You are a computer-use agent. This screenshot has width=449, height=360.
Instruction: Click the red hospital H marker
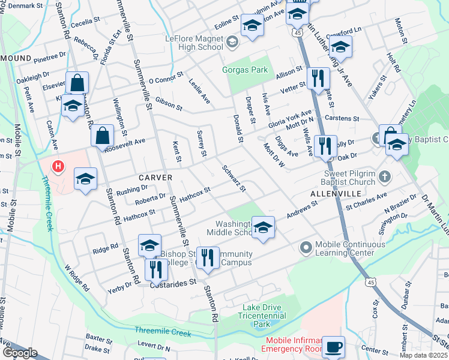pyautogui.click(x=58, y=166)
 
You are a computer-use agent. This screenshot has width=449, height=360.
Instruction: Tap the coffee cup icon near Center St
pyautogui.click(x=334, y=346)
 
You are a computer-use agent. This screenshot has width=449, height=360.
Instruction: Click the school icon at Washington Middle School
pyautogui.click(x=262, y=227)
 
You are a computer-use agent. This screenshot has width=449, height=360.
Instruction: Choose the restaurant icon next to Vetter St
pyautogui.click(x=318, y=77)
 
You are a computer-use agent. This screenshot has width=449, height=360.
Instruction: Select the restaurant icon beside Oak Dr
pyautogui.click(x=325, y=145)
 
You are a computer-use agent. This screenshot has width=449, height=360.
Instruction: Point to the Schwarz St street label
pyautogui.click(x=234, y=179)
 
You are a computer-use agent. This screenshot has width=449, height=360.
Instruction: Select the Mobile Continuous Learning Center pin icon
pyautogui.click(x=306, y=247)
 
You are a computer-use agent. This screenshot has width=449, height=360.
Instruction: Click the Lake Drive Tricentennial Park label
pyautogui.click(x=261, y=316)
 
